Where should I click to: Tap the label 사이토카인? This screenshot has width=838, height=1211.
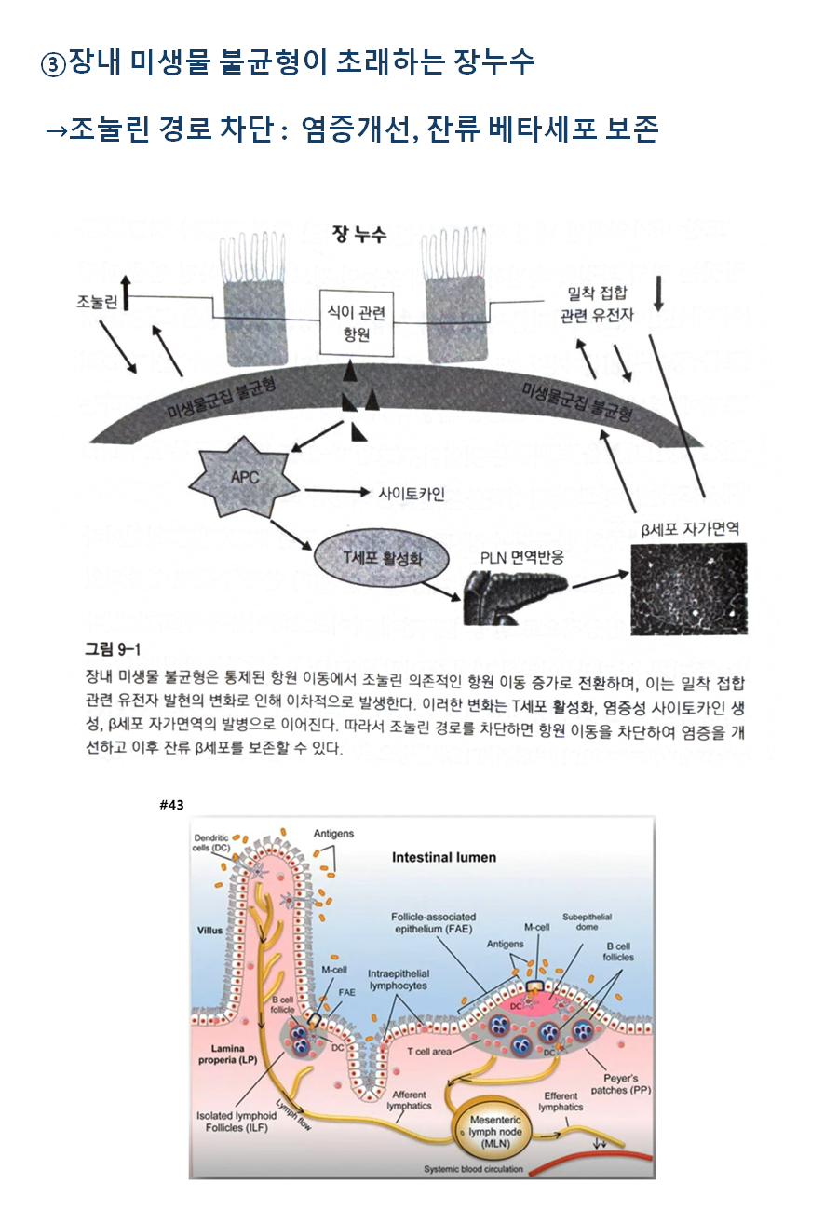[x=411, y=494]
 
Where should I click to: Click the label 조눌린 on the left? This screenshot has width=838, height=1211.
[x=96, y=302]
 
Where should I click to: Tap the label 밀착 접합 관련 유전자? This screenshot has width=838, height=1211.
[x=597, y=305]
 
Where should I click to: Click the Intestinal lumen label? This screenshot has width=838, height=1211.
[x=444, y=857]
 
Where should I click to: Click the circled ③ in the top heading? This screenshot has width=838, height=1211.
[x=54, y=65]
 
